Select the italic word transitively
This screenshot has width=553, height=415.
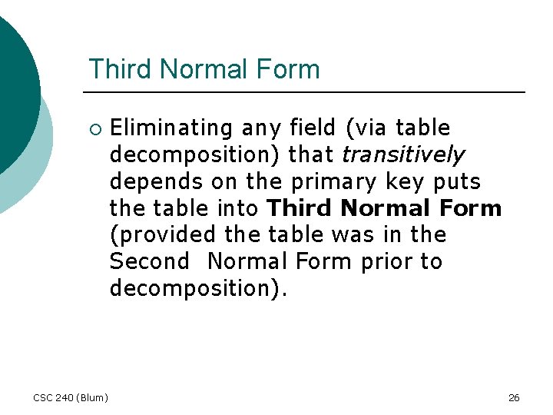pos(402,154)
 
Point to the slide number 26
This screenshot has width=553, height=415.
pos(514,397)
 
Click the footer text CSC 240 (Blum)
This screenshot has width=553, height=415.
pos(71,397)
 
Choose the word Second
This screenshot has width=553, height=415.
pos(149,261)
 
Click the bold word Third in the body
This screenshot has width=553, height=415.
pos(300,208)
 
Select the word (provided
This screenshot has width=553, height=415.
pos(159,234)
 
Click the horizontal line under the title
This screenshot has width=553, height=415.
pos(307,92)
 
